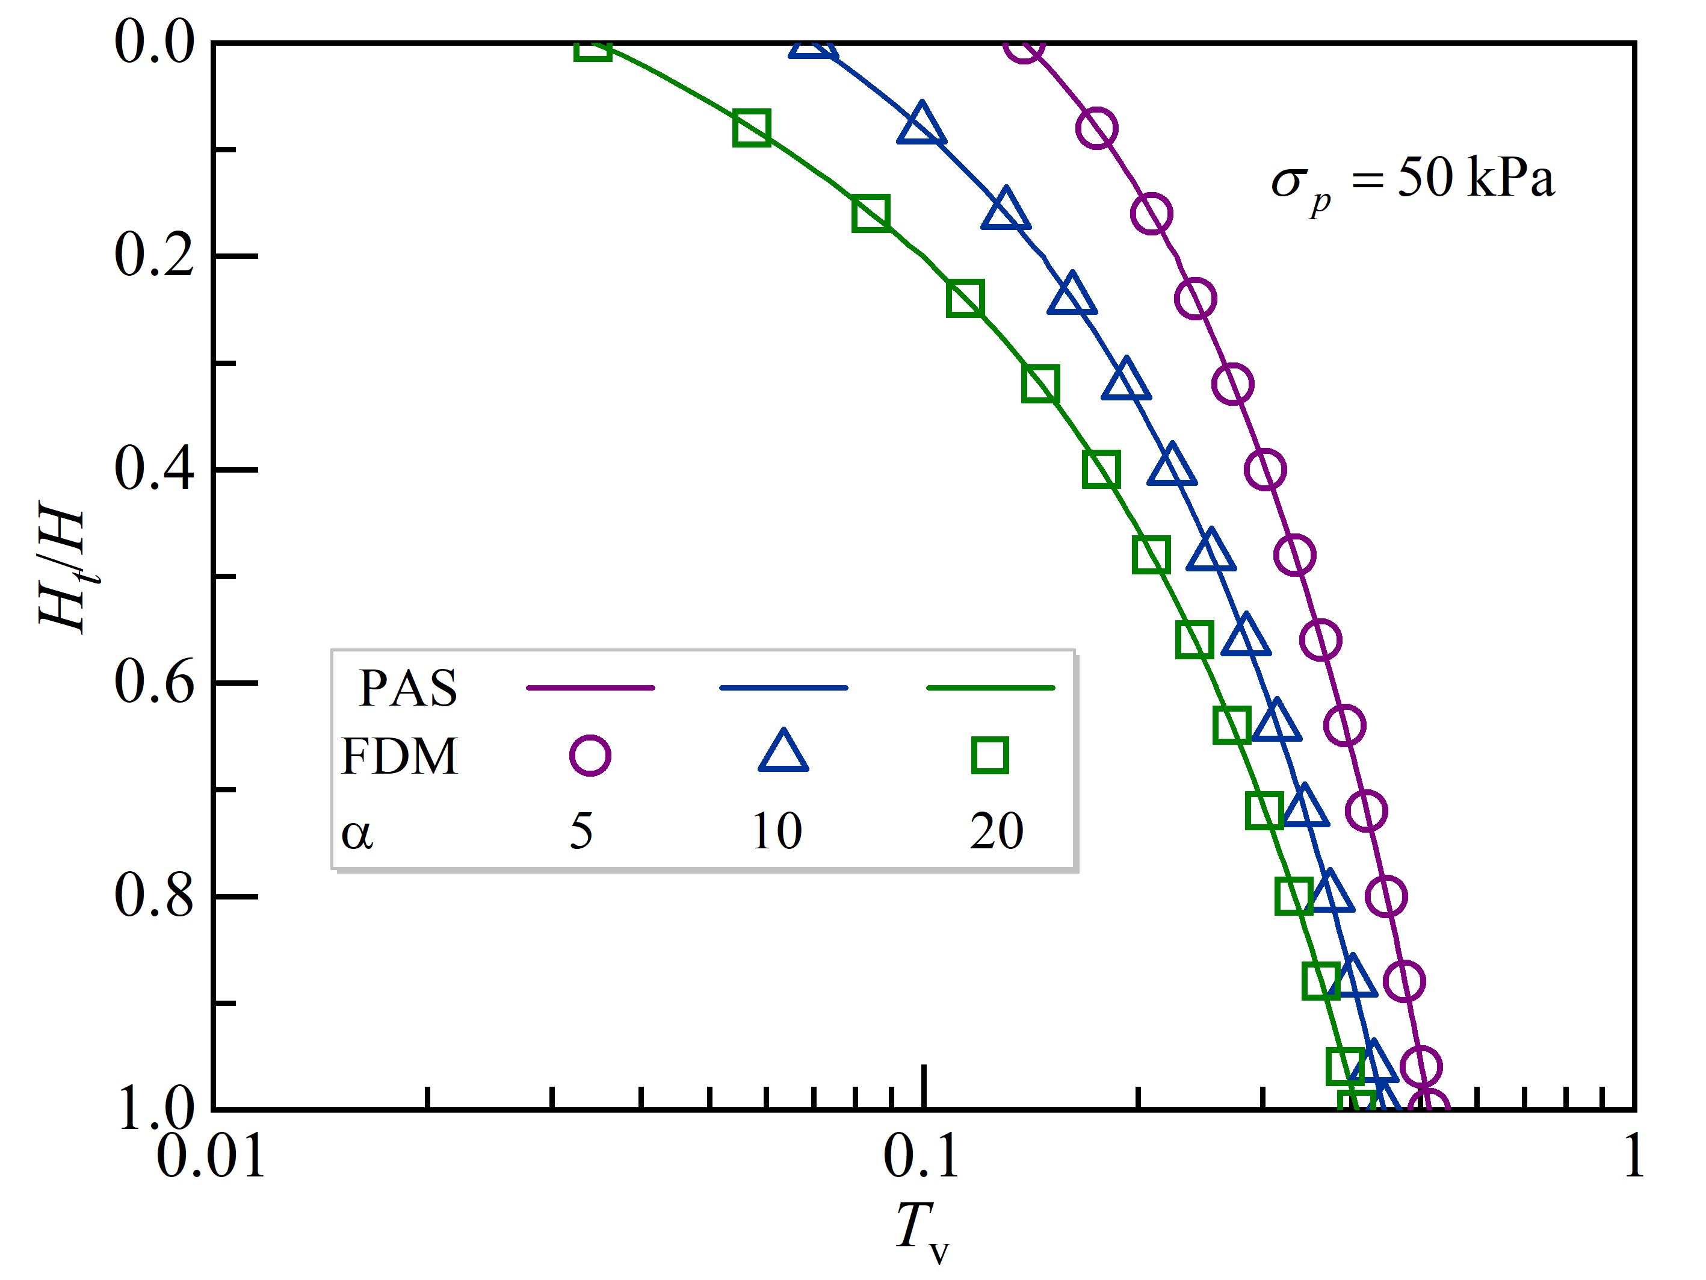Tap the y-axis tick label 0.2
(x=154, y=255)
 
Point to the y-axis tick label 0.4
(x=154, y=469)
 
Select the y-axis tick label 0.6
(x=154, y=683)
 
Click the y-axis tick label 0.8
(x=154, y=896)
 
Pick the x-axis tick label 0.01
(x=211, y=1157)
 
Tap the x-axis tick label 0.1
(x=922, y=1157)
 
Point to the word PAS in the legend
(x=408, y=688)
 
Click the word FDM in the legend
(x=400, y=756)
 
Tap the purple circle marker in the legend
(x=590, y=756)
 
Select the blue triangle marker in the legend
(x=783, y=752)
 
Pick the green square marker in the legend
(x=989, y=756)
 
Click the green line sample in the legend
(x=989, y=688)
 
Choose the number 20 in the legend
(x=997, y=831)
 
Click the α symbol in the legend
(x=357, y=834)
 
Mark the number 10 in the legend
(x=777, y=831)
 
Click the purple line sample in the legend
(x=590, y=688)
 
